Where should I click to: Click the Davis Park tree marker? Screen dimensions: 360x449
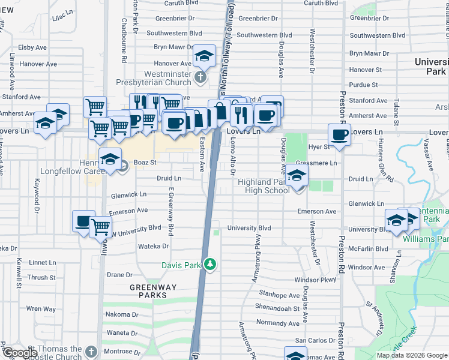coord(209,264)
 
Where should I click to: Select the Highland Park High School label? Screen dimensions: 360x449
coord(263,186)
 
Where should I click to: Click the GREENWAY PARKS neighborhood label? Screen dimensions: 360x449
coord(154,292)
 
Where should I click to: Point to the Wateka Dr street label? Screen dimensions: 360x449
coord(153,246)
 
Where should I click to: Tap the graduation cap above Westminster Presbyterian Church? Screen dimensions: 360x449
coord(204,56)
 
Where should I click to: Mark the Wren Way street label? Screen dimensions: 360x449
coord(41,309)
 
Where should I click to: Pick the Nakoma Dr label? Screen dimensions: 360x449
coord(122,314)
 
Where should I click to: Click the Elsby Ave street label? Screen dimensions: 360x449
coord(32,47)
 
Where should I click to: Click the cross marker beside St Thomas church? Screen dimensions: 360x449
coord(91,352)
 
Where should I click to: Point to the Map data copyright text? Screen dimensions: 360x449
coord(412,355)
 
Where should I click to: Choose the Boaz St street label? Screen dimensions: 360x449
coord(145,162)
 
